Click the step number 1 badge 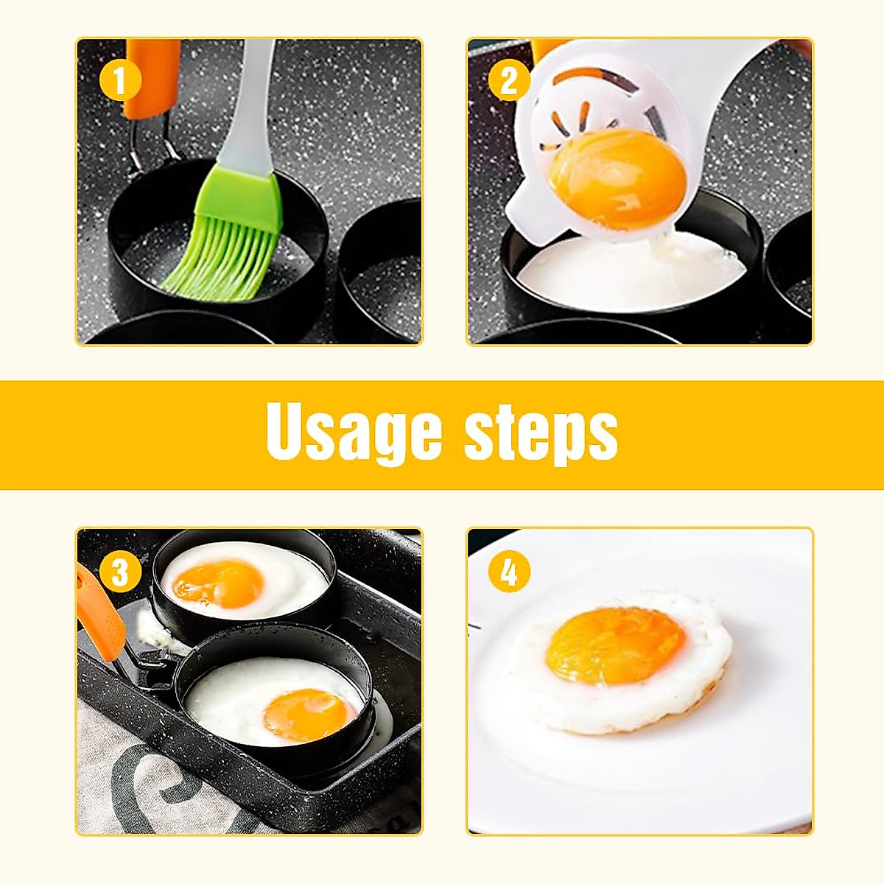119,81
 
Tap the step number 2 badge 509,81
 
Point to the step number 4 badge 509,572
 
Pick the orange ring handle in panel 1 152,77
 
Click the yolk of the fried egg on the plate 616,645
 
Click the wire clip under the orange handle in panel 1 147,147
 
